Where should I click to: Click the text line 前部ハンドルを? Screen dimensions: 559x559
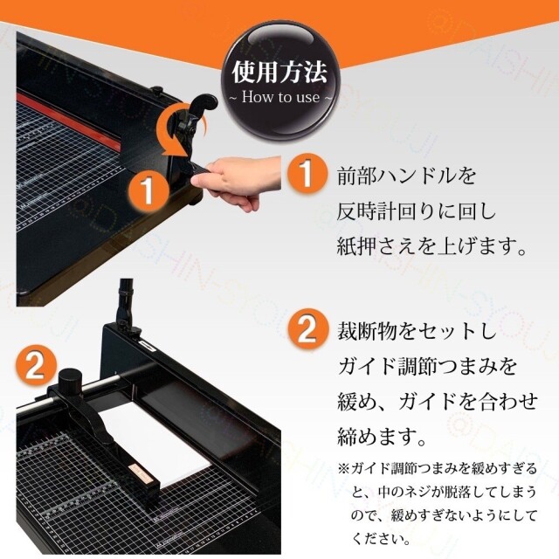pyautogui.click(x=407, y=176)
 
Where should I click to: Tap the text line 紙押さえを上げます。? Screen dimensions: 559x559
pyautogui.click(x=432, y=247)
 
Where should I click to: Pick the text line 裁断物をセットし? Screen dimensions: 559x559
pyautogui.click(x=417, y=333)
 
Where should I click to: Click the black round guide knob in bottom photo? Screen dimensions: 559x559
pyautogui.click(x=69, y=385)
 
